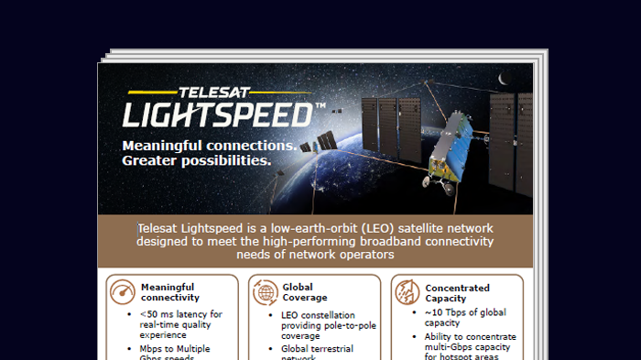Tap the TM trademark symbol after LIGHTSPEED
(320, 107)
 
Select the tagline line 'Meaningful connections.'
(208, 146)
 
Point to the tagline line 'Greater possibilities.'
(196, 161)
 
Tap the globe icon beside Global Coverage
(264, 292)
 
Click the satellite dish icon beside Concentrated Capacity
(407, 292)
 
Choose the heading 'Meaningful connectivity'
(169, 292)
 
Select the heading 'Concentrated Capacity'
(457, 292)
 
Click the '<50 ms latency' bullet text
(182, 314)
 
